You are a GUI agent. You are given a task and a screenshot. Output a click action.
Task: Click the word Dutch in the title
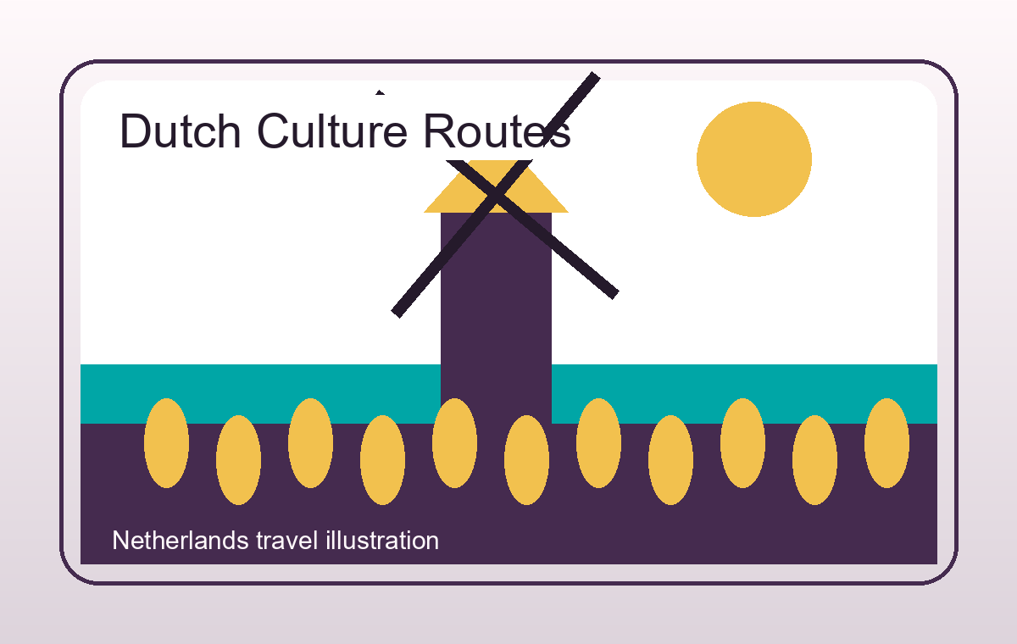click(x=181, y=131)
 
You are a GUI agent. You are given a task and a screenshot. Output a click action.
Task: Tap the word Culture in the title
click(x=332, y=131)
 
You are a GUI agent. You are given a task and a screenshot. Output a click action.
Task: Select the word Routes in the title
click(x=497, y=131)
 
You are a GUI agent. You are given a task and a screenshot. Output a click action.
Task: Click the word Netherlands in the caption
click(x=181, y=541)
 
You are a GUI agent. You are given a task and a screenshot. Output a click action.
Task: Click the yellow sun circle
click(x=754, y=159)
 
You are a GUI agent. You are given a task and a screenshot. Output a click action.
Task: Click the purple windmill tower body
click(x=497, y=318)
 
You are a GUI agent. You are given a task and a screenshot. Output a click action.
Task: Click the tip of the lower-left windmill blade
click(x=396, y=314)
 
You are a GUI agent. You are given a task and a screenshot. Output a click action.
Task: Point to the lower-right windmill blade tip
click(x=615, y=295)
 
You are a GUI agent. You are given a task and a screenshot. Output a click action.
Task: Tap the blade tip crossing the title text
click(x=596, y=75)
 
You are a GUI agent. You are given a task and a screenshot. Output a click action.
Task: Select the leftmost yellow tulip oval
click(x=167, y=443)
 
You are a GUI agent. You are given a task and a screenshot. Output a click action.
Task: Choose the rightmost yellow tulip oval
click(x=886, y=443)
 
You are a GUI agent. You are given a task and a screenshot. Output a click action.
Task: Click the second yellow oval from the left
click(x=238, y=460)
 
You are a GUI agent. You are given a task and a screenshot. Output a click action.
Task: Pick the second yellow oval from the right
click(x=814, y=460)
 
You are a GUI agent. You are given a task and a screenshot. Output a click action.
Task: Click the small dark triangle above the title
click(x=380, y=92)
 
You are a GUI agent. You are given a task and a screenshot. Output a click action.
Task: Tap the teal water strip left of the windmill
click(x=260, y=394)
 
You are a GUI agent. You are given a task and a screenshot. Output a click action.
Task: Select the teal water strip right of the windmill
click(x=745, y=394)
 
